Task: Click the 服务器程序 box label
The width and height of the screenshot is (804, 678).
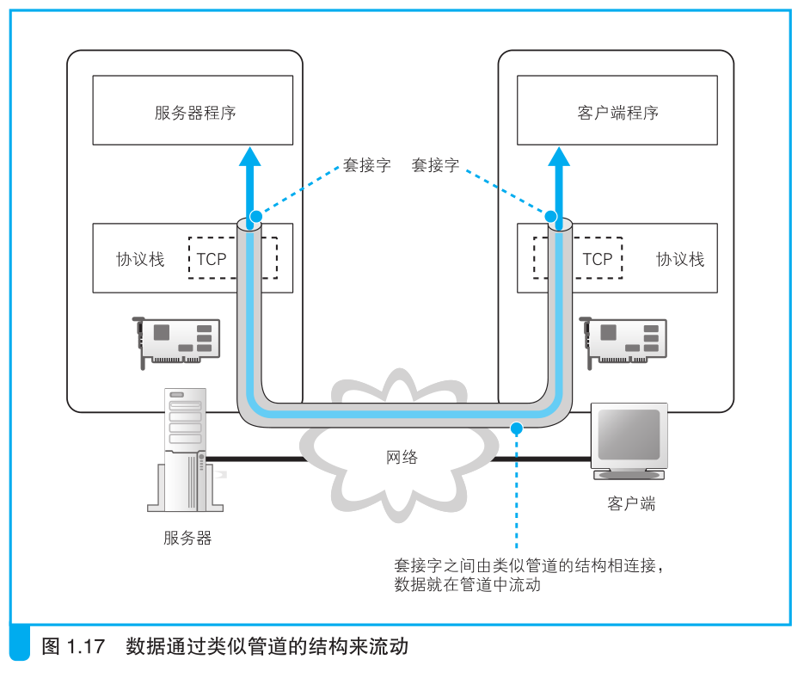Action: [x=195, y=113]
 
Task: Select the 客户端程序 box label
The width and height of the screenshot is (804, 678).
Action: [x=618, y=113]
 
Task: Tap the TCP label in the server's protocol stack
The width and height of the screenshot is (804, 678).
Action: [x=212, y=259]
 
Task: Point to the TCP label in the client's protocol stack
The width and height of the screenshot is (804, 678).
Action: [x=597, y=259]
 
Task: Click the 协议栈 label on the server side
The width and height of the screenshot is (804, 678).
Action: [x=140, y=259]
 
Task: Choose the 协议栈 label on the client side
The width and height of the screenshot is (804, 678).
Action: [x=680, y=259]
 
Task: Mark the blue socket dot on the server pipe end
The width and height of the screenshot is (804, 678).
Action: [x=255, y=216]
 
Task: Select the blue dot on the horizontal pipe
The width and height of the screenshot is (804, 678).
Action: [x=516, y=427]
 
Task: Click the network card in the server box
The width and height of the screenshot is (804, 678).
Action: [x=179, y=341]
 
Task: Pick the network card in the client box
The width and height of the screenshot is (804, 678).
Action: [x=625, y=341]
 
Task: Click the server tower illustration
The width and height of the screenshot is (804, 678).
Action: [x=183, y=449]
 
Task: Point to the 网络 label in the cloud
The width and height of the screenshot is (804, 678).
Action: [x=402, y=457]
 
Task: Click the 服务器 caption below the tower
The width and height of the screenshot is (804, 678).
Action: [x=187, y=539]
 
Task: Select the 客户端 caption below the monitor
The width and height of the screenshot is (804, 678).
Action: [x=631, y=504]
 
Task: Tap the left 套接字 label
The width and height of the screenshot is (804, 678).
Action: [x=367, y=165]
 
